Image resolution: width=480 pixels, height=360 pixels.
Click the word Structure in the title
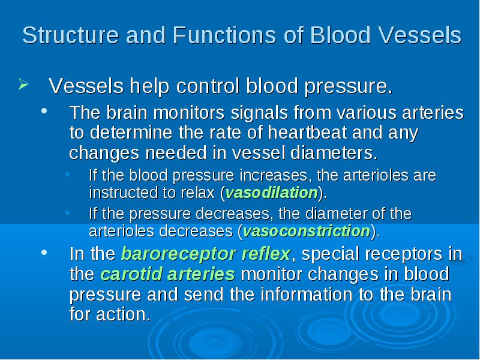(70, 35)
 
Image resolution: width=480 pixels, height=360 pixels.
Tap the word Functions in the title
(224, 35)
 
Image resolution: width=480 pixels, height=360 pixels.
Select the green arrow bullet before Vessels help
(23, 84)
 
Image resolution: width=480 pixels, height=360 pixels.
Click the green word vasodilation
(272, 193)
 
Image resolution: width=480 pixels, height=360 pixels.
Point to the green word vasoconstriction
(307, 231)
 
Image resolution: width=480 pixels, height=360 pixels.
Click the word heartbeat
(307, 133)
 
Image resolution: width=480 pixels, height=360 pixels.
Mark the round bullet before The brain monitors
(44, 111)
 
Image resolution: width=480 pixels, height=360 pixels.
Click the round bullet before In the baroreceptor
(44, 253)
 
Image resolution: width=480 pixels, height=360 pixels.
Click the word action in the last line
(124, 314)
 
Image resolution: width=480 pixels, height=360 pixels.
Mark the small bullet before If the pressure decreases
(68, 212)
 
